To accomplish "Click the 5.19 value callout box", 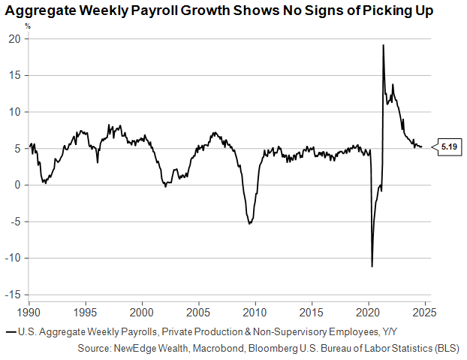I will pyautogui.click(x=449, y=147).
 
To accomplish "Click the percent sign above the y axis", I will pyautogui.click(x=29, y=26).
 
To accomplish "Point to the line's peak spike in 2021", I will pyautogui.click(x=383, y=45).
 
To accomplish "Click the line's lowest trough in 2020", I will pyautogui.click(x=372, y=266).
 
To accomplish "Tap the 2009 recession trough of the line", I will pyautogui.click(x=249, y=223).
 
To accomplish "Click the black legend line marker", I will pyautogui.click(x=10, y=332).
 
